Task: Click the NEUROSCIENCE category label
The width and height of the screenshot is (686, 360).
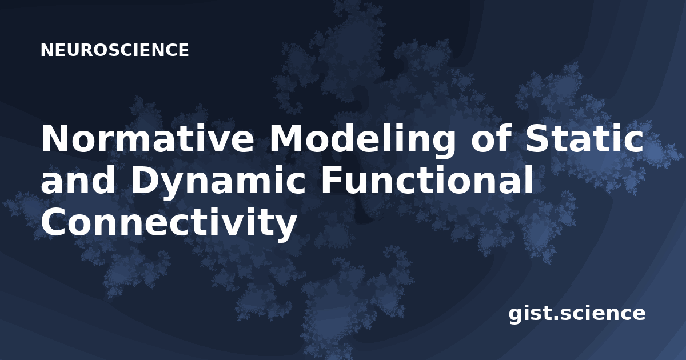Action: tap(114, 50)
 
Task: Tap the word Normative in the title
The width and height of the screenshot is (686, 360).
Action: tap(148, 138)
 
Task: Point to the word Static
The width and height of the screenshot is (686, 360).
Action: tap(584, 138)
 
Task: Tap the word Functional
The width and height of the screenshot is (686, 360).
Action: tap(427, 180)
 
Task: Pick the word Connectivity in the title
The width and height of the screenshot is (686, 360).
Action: tap(169, 223)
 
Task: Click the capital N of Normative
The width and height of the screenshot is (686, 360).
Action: tap(54, 138)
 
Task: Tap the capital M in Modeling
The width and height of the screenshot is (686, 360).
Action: tap(286, 138)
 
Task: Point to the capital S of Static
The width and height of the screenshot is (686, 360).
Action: tap(537, 138)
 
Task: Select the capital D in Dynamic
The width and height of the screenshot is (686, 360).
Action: tap(144, 181)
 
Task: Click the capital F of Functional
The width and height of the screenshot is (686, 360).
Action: tap(331, 181)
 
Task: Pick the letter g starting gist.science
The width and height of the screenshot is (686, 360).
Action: tap(516, 315)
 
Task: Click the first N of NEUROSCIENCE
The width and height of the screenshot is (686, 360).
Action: tap(46, 50)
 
